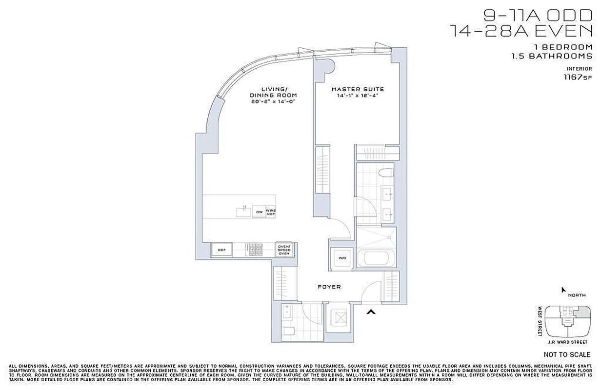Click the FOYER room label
pos(329,287)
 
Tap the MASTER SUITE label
pos(358,89)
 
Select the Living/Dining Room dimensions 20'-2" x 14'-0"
pos(274,101)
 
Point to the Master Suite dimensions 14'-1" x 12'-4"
pos(358,96)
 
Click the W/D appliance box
pos(340,258)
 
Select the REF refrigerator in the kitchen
pos(221,250)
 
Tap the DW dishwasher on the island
pos(260,212)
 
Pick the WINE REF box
pos(271,212)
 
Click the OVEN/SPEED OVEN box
pos(284,250)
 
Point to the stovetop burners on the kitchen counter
pos(256,250)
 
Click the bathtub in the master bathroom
pos(376,257)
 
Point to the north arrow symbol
pos(564,290)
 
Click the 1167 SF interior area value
pos(578,77)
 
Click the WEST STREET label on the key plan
pos(541,321)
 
